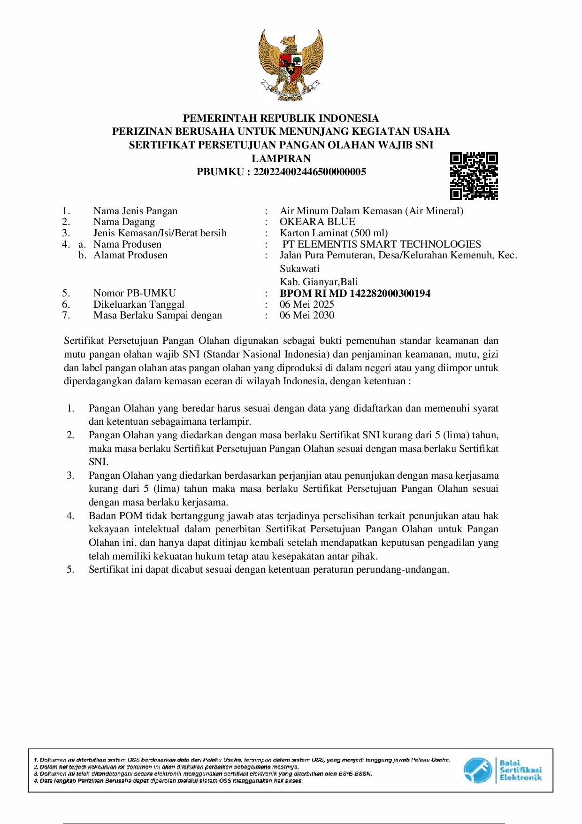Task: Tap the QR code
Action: pyautogui.click(x=474, y=176)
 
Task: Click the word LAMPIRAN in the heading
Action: pyautogui.click(x=281, y=158)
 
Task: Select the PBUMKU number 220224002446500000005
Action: pyautogui.click(x=309, y=171)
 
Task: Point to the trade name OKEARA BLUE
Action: pyautogui.click(x=317, y=222)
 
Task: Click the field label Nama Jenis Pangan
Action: pyautogui.click(x=135, y=211)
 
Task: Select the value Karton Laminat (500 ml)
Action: pyautogui.click(x=334, y=233)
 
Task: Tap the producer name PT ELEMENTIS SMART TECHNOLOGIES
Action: pyautogui.click(x=382, y=244)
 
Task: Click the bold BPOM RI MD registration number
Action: pyautogui.click(x=355, y=294)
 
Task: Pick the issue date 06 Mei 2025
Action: pyautogui.click(x=307, y=304)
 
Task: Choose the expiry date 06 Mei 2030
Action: pyautogui.click(x=307, y=315)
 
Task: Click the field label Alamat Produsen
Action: pyautogui.click(x=130, y=255)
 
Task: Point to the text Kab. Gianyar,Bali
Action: pyautogui.click(x=319, y=282)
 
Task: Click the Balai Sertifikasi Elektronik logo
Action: pyautogui.click(x=502, y=770)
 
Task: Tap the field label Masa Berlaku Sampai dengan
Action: pyautogui.click(x=157, y=315)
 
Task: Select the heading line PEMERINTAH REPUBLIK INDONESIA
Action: pyautogui.click(x=281, y=118)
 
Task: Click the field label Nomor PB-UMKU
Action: pyautogui.click(x=134, y=294)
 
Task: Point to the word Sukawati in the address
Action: pyautogui.click(x=299, y=269)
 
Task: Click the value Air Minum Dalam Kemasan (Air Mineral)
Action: pyautogui.click(x=371, y=211)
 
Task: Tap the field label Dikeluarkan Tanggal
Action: pyautogui.click(x=138, y=304)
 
